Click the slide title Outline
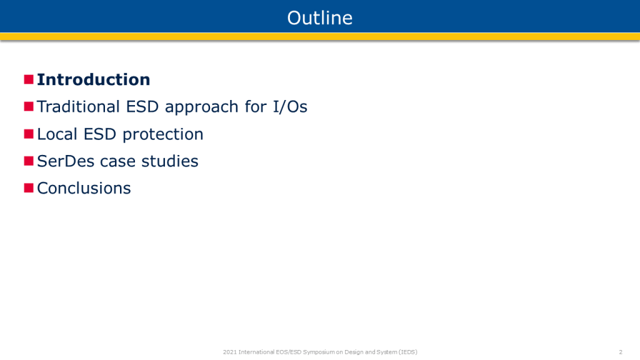(x=319, y=18)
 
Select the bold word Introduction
(x=94, y=79)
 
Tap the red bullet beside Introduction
(x=29, y=79)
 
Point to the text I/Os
(x=290, y=107)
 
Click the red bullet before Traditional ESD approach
(x=29, y=106)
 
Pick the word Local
(x=57, y=134)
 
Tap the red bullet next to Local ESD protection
(x=29, y=134)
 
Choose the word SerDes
(x=66, y=161)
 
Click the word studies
(x=170, y=161)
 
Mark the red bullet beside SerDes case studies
(x=29, y=161)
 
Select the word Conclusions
(x=84, y=188)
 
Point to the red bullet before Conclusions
(x=29, y=187)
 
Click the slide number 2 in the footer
(x=621, y=352)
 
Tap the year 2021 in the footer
(x=230, y=352)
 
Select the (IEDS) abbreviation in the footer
(x=408, y=352)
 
